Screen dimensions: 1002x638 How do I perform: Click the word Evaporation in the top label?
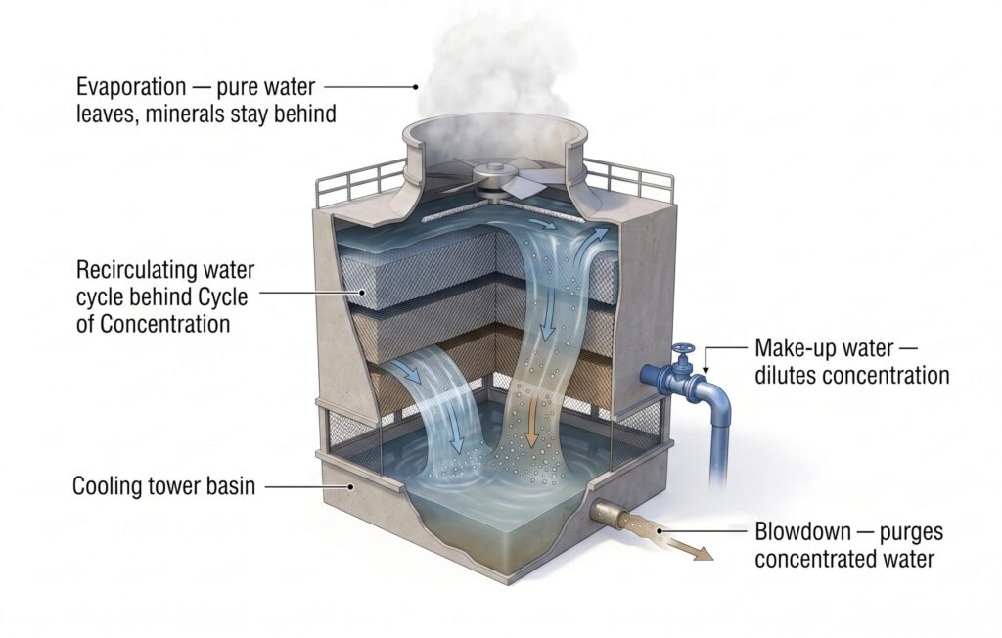131,86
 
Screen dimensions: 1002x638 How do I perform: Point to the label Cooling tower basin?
163,486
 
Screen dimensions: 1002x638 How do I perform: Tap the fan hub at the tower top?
494,172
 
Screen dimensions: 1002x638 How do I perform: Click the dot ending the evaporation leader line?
415,86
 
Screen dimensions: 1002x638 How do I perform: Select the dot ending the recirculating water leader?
363,293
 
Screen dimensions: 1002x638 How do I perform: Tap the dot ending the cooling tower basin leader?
350,486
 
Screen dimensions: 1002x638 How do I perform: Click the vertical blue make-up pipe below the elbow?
719,447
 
